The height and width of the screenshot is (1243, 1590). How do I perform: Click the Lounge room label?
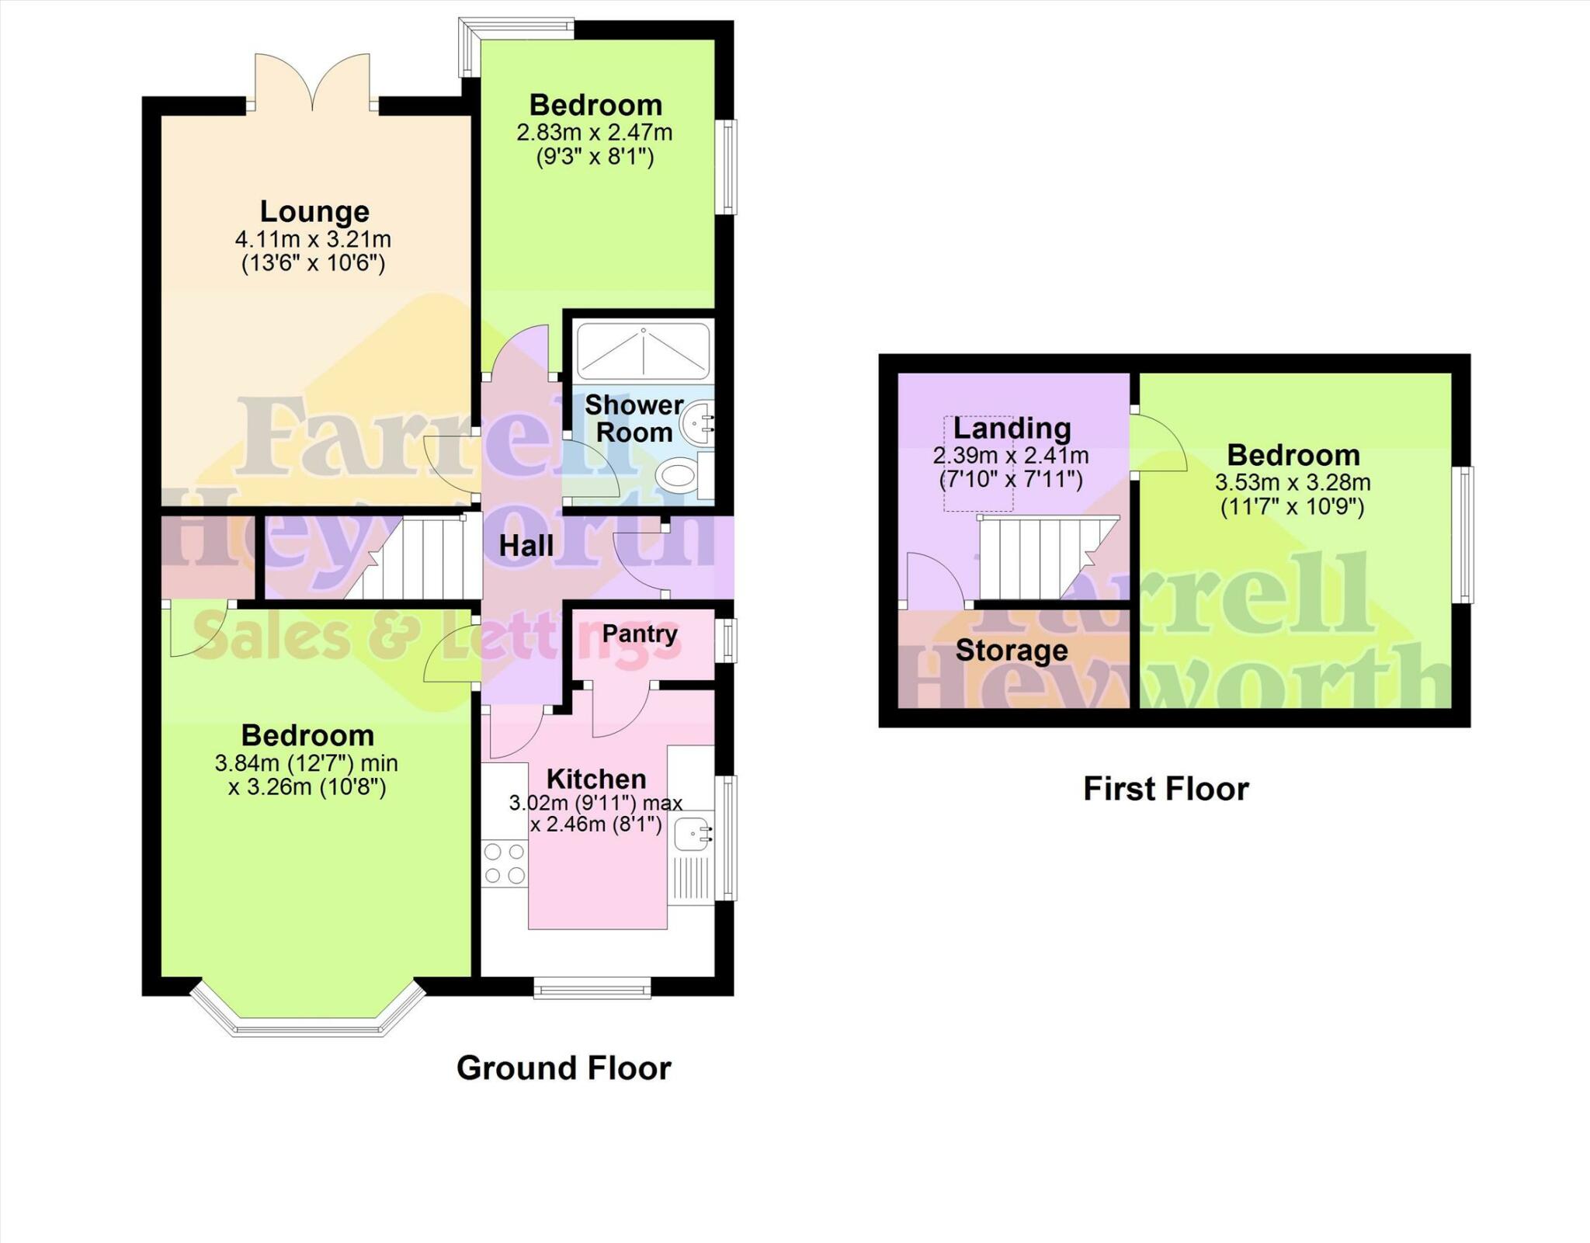[314, 211]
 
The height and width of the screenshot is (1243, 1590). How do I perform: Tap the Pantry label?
[640, 634]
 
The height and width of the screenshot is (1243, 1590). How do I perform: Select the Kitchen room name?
[596, 779]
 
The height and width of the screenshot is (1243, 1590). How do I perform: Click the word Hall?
[526, 546]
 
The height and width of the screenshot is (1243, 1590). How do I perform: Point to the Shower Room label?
[634, 418]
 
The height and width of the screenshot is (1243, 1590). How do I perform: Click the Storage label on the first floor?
[1012, 651]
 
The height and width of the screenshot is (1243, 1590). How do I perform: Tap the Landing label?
[1012, 428]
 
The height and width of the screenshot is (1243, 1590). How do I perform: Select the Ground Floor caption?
[564, 1068]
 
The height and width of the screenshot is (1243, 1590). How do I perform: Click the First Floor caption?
[1166, 789]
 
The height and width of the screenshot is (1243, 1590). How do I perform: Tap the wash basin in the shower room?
[697, 424]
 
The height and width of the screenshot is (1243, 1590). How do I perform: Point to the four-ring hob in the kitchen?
[505, 864]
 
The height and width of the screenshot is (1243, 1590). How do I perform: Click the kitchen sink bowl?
[692, 835]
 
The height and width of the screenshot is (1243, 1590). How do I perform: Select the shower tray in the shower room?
[644, 352]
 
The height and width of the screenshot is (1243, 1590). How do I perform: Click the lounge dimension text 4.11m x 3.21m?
[313, 239]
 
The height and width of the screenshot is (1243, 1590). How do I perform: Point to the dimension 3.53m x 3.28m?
[1293, 482]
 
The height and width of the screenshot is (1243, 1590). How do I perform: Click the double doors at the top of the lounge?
[312, 82]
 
